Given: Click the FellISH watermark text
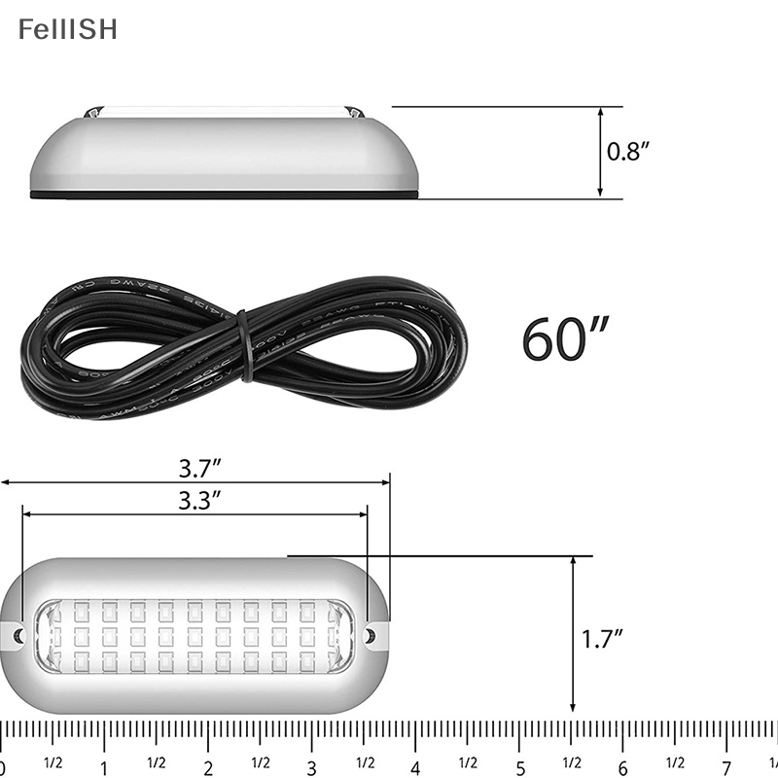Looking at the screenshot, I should pyautogui.click(x=67, y=29).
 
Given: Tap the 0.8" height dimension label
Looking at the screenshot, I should pyautogui.click(x=628, y=152).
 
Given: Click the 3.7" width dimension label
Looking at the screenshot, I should pyautogui.click(x=199, y=468).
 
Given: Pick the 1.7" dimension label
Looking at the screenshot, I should pyautogui.click(x=602, y=639).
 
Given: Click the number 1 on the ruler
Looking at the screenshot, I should pyautogui.click(x=104, y=764).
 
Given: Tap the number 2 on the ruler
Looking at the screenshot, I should pyautogui.click(x=208, y=764).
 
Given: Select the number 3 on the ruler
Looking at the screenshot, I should pyautogui.click(x=312, y=764).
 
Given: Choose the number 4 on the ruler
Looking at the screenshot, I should pyautogui.click(x=416, y=764).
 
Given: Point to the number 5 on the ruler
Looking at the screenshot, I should pyautogui.click(x=520, y=764).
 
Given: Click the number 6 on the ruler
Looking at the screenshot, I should pyautogui.click(x=623, y=764).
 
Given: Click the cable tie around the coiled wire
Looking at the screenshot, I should pyautogui.click(x=244, y=345).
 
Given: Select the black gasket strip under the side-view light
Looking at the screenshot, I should pyautogui.click(x=224, y=195).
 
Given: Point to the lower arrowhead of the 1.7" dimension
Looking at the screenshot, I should pyautogui.click(x=574, y=707).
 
